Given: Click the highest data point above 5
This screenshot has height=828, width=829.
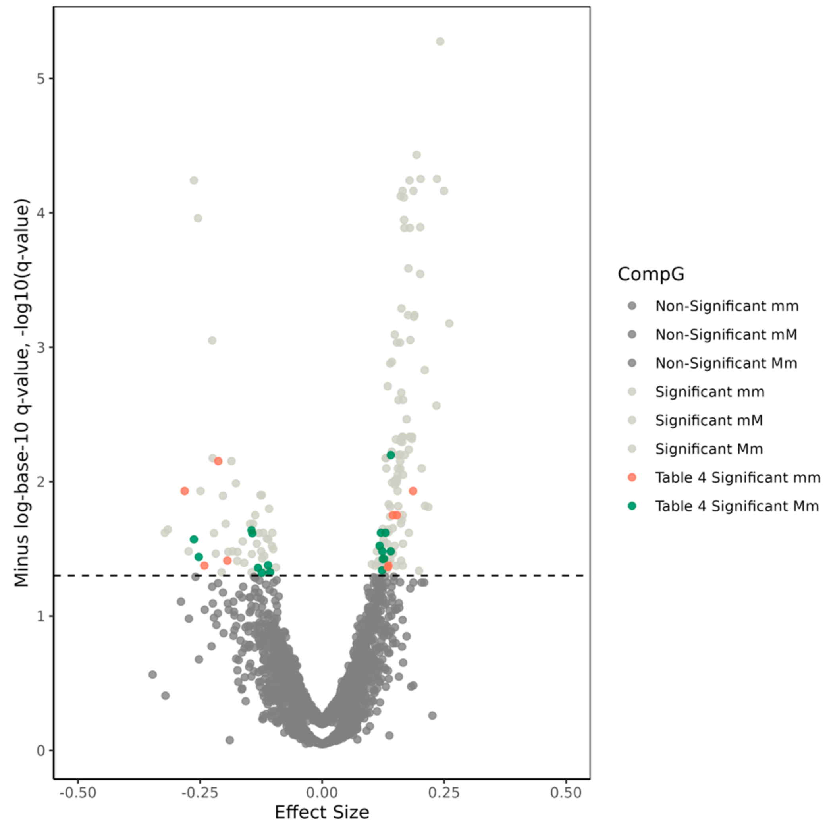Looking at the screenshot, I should point(440,42).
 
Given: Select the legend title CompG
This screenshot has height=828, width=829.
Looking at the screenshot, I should point(650,274).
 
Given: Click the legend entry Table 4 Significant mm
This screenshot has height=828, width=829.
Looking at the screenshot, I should point(737,477).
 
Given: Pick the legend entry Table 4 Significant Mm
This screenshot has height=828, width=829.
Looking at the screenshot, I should point(736,506).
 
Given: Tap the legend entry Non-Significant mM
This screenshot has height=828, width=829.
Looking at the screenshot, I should point(726,334).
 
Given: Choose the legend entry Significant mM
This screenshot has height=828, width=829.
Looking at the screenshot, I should point(709,420).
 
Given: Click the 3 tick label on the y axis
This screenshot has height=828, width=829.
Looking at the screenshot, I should point(41,347).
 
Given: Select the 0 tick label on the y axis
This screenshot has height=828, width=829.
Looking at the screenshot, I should point(41,751).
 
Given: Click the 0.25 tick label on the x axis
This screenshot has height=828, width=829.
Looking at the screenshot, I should point(443,792).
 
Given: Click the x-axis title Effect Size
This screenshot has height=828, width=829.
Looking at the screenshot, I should point(322,812).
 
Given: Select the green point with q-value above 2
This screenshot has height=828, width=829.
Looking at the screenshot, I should point(390,455).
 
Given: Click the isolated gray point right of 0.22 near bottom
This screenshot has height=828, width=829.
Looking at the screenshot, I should point(432,716).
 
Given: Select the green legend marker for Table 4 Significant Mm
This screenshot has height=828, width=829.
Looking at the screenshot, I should point(632,506).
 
